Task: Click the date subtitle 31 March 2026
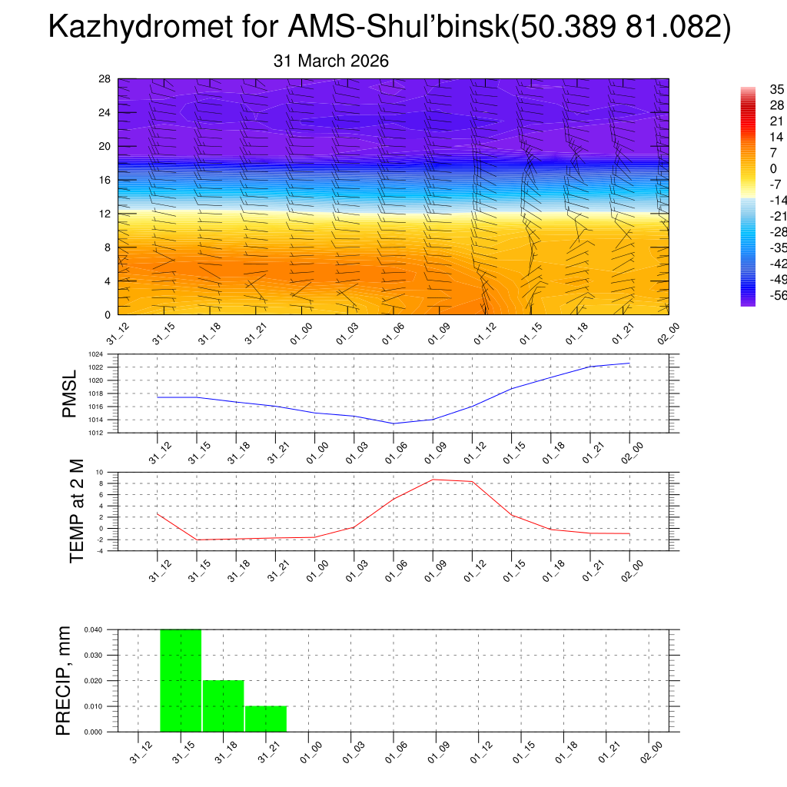click(331, 61)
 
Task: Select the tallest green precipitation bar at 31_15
click(181, 680)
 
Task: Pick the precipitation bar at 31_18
click(224, 706)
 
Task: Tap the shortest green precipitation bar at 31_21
click(266, 719)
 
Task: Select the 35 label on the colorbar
click(776, 90)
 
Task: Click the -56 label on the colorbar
click(778, 294)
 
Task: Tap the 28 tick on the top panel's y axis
click(105, 79)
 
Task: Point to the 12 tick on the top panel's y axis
click(105, 214)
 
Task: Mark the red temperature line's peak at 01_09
click(433, 480)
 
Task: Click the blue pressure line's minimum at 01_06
click(393, 423)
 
